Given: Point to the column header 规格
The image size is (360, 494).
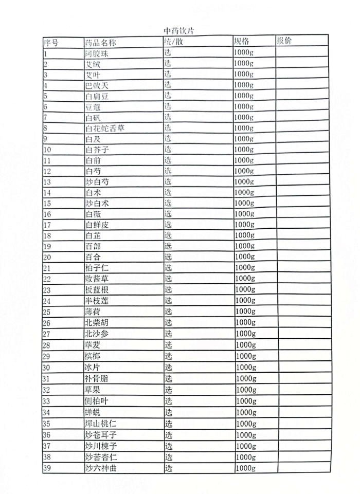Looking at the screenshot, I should click(241, 41).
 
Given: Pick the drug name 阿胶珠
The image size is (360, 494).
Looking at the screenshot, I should click(97, 53).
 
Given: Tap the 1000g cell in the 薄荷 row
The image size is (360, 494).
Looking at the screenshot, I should click(245, 312).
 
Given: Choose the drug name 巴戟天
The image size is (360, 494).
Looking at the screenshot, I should click(97, 85).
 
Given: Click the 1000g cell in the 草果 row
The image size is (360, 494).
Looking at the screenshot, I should click(245, 390).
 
